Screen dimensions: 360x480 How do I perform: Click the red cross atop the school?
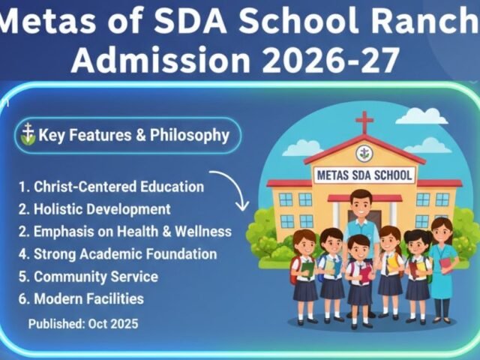pos(364,122)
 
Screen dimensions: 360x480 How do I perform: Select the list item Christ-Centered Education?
pos(110,187)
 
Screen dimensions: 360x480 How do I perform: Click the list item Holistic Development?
pos(94,209)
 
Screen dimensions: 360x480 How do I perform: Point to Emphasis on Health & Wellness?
pos(124,232)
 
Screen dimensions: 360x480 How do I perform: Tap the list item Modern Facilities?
pos(81,299)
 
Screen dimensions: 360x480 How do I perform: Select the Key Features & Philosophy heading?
pos(133,136)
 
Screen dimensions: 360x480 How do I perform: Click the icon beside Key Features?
pos(28,135)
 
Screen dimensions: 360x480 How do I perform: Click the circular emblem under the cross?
pos(364,152)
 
